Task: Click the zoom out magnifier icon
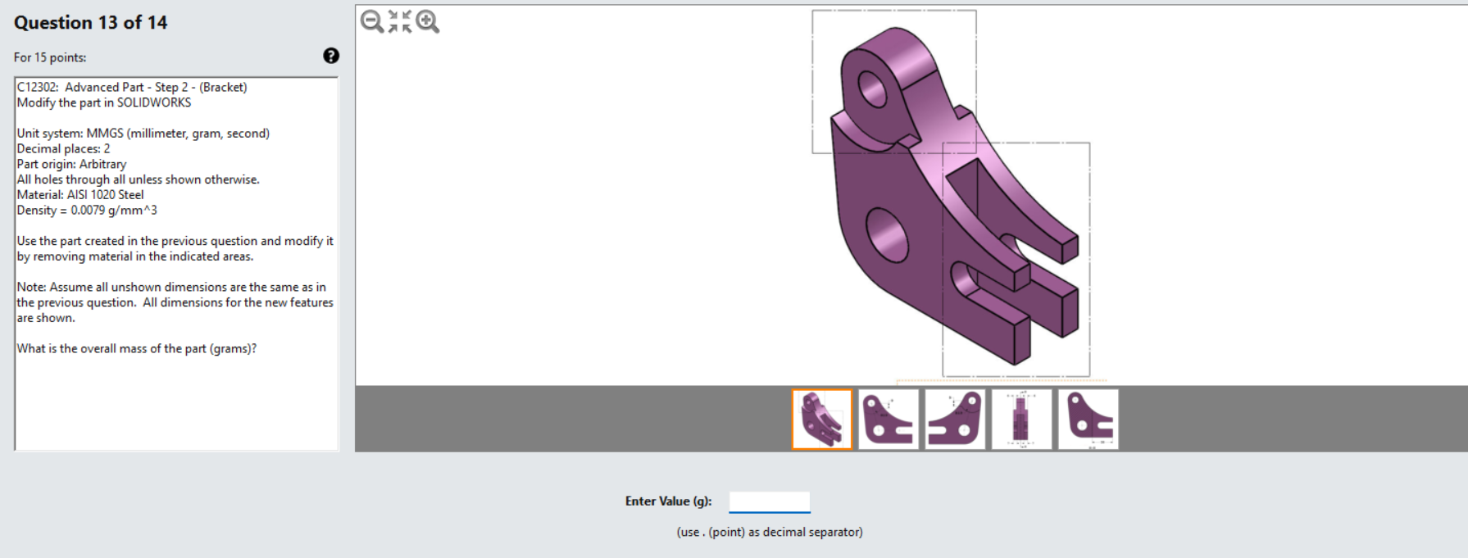coord(371,21)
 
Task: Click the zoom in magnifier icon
coord(427,21)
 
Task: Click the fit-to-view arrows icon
coord(399,21)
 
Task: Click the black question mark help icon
coord(331,56)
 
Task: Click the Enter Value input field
coord(769,501)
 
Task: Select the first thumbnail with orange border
coord(822,420)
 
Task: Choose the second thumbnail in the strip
coord(889,420)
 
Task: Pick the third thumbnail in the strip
coord(955,420)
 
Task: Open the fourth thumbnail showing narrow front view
coord(1021,420)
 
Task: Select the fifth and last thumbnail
coord(1088,420)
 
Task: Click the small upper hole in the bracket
coord(872,88)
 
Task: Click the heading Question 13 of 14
coord(90,23)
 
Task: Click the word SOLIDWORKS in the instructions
coord(154,102)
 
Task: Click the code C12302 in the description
coord(36,87)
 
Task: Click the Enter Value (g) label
coord(668,501)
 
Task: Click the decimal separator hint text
coord(769,533)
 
